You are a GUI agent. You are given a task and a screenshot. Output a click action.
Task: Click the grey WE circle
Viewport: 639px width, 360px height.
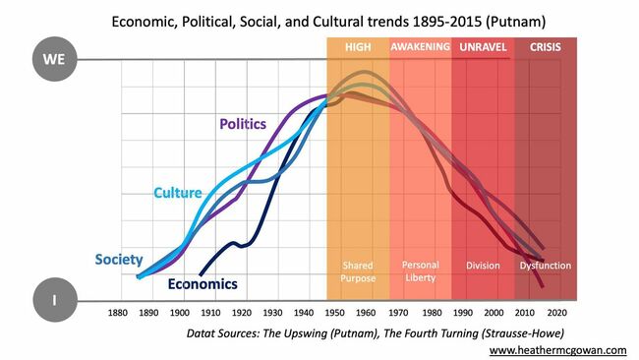(53, 60)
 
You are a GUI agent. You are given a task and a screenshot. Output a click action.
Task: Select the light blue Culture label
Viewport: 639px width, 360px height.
(178, 193)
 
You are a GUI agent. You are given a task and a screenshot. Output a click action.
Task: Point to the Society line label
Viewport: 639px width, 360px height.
(119, 260)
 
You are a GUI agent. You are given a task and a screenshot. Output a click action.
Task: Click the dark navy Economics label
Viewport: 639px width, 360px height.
(203, 284)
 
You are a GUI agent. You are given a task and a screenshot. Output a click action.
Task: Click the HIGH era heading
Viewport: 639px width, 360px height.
(357, 47)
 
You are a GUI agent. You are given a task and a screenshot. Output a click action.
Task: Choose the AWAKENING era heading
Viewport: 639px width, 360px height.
(420, 47)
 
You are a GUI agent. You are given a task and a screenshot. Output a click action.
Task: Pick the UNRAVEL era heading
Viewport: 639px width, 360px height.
(483, 47)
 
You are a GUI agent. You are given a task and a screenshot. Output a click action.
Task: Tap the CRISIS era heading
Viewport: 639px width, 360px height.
(547, 47)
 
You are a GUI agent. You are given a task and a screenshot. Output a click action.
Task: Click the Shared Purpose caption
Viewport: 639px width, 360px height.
(358, 271)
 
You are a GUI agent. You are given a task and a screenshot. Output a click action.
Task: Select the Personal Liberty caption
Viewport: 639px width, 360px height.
(421, 271)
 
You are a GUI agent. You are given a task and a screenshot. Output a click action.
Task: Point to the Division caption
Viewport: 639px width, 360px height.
(483, 266)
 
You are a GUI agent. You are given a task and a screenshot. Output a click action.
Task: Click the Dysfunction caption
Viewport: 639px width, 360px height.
(546, 266)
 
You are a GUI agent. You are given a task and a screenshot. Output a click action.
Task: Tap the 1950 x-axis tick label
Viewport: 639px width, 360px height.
(336, 314)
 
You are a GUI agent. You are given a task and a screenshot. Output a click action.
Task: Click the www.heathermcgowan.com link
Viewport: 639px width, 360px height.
(558, 349)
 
